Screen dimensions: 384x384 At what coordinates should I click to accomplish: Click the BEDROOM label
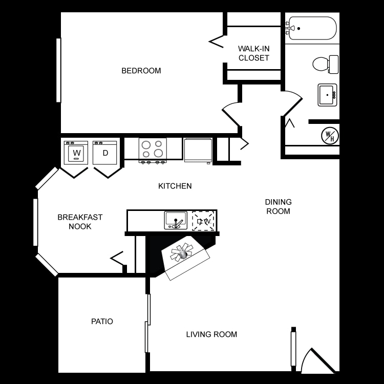pyautogui.click(x=141, y=71)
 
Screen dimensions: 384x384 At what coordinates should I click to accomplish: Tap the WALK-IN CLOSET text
pyautogui.click(x=253, y=53)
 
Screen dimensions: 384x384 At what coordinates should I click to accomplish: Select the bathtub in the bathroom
pyautogui.click(x=312, y=28)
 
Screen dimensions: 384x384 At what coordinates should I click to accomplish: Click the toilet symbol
pyautogui.click(x=325, y=65)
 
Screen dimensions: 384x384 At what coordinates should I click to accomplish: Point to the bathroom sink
pyautogui.click(x=327, y=95)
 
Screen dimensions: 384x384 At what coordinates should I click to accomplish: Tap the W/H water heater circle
pyautogui.click(x=329, y=136)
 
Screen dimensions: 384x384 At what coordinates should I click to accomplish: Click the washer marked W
pyautogui.click(x=76, y=153)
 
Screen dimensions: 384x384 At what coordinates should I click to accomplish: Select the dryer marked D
pyautogui.click(x=105, y=153)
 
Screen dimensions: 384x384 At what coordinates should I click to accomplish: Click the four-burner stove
pyautogui.click(x=153, y=150)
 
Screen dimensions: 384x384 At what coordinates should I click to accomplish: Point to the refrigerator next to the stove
pyautogui.click(x=198, y=150)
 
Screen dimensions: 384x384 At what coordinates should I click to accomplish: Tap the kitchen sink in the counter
pyautogui.click(x=176, y=220)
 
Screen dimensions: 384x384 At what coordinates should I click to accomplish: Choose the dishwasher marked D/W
pyautogui.click(x=203, y=221)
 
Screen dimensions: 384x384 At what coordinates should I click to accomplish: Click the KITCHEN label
pyautogui.click(x=175, y=186)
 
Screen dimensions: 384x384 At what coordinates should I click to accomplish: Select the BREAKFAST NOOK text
pyautogui.click(x=80, y=221)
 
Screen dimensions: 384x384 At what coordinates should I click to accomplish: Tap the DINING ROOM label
pyautogui.click(x=278, y=206)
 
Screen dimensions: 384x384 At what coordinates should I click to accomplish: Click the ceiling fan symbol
pyautogui.click(x=182, y=252)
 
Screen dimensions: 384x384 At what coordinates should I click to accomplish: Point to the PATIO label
pyautogui.click(x=102, y=322)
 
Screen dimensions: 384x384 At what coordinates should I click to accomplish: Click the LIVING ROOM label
pyautogui.click(x=211, y=334)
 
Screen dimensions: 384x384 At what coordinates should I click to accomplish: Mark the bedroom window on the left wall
pyautogui.click(x=58, y=70)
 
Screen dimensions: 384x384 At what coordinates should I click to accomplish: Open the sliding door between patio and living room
pyautogui.click(x=147, y=323)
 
